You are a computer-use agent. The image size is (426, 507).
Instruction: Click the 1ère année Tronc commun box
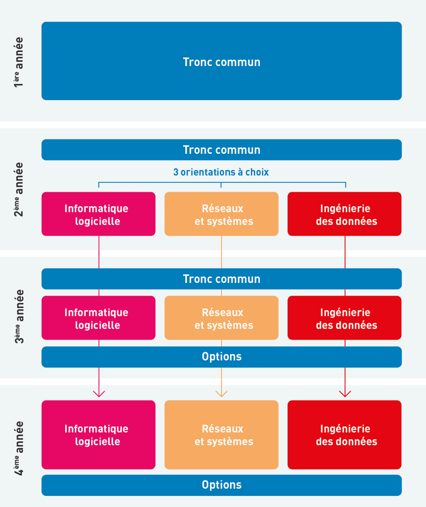[x=222, y=61]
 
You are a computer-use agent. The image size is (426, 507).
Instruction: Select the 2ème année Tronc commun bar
[x=222, y=150]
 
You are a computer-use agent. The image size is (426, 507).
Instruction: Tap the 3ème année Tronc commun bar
[x=222, y=279]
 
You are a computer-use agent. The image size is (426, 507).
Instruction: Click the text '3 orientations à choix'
[x=221, y=172]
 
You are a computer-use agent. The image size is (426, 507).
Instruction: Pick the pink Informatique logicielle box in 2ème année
[x=98, y=214]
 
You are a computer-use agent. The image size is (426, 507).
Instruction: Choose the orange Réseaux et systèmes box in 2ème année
[x=222, y=214]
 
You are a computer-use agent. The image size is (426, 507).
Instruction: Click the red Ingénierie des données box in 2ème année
[x=344, y=214]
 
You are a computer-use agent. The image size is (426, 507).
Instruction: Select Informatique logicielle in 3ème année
[x=98, y=318]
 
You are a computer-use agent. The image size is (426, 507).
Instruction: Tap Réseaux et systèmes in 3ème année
[x=222, y=318]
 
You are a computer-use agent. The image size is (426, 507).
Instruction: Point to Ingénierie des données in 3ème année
[x=344, y=318]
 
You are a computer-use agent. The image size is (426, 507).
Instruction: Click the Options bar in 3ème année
[x=222, y=357]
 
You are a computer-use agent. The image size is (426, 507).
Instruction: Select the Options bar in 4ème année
[x=222, y=485]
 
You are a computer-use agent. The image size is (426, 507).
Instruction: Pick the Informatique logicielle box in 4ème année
[x=98, y=435]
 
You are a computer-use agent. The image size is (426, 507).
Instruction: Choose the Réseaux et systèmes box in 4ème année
[x=222, y=435]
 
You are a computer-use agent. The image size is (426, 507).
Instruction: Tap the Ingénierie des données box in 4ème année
[x=344, y=435]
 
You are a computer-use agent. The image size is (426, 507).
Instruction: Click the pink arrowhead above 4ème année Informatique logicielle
[x=99, y=393]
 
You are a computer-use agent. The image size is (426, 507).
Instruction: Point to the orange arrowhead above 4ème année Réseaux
[x=222, y=393]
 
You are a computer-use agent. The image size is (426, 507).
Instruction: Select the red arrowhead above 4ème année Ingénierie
[x=345, y=393]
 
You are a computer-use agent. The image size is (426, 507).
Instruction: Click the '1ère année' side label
[x=18, y=62]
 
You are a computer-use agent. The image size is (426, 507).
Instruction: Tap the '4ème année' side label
[x=18, y=448]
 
